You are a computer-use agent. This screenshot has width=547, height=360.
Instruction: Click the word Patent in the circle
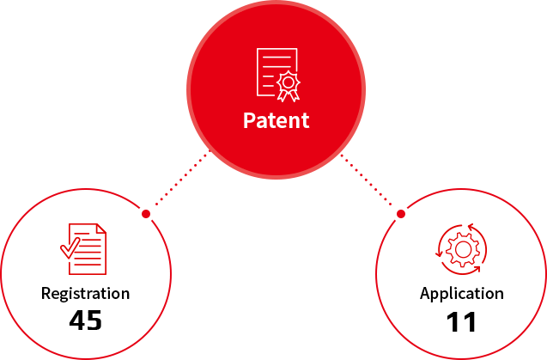coord(276,119)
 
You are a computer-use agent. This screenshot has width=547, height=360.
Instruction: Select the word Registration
coord(86,294)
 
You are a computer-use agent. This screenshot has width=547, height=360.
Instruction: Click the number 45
coord(85,321)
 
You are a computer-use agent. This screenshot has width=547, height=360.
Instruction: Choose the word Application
coord(461,294)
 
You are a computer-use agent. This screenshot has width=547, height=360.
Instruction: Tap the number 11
coord(461,322)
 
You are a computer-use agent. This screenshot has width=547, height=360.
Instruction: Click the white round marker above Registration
coord(146,212)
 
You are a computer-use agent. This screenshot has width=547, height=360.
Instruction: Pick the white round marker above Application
coord(401,211)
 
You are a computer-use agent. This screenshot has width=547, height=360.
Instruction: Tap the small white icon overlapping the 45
coord(86,308)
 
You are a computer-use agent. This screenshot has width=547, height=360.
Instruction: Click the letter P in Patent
coord(249,119)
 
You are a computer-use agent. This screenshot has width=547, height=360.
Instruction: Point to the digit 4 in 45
coord(76,321)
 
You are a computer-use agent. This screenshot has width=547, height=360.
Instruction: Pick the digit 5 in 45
coord(94,321)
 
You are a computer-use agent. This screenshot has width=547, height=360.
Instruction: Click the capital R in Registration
coord(46,294)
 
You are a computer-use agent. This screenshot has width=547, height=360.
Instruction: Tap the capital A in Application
coord(425,294)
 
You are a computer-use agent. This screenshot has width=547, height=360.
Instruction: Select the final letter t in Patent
coord(305,119)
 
